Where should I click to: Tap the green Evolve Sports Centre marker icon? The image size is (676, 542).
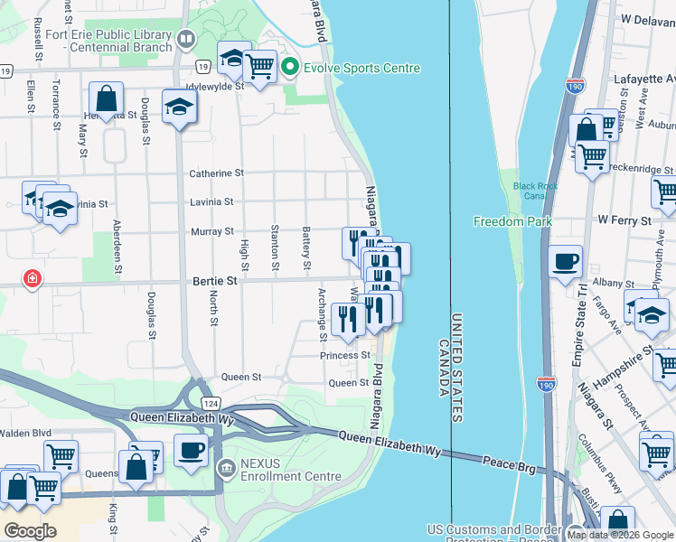click(x=290, y=68)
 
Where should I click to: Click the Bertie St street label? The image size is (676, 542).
click(x=214, y=281)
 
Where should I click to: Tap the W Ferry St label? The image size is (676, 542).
click(x=624, y=220)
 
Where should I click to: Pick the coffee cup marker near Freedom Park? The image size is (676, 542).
click(x=566, y=261)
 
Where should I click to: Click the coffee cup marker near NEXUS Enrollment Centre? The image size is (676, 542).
click(x=191, y=450)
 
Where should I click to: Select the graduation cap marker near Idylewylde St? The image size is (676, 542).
click(x=179, y=107)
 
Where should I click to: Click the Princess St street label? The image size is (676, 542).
click(x=345, y=356)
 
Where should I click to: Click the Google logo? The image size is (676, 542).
click(x=30, y=531)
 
